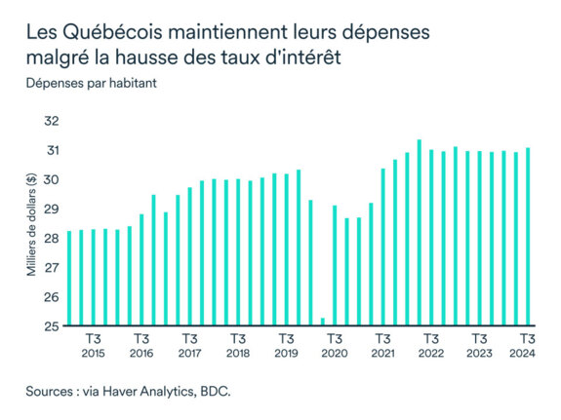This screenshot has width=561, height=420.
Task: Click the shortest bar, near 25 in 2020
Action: pyautogui.click(x=323, y=322)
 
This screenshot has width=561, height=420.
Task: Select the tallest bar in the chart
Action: pyautogui.click(x=420, y=233)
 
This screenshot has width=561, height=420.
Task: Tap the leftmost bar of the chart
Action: pyautogui.click(x=68, y=278)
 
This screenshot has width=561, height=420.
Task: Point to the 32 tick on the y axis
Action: pyautogui.click(x=52, y=121)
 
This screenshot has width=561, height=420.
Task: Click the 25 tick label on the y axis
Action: pyautogui.click(x=52, y=325)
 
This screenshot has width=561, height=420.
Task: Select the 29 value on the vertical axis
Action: pyautogui.click(x=52, y=209)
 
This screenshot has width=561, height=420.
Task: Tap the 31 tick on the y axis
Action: pyautogui.click(x=52, y=150)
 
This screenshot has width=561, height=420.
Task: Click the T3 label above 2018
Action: pyautogui.click(x=238, y=339)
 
